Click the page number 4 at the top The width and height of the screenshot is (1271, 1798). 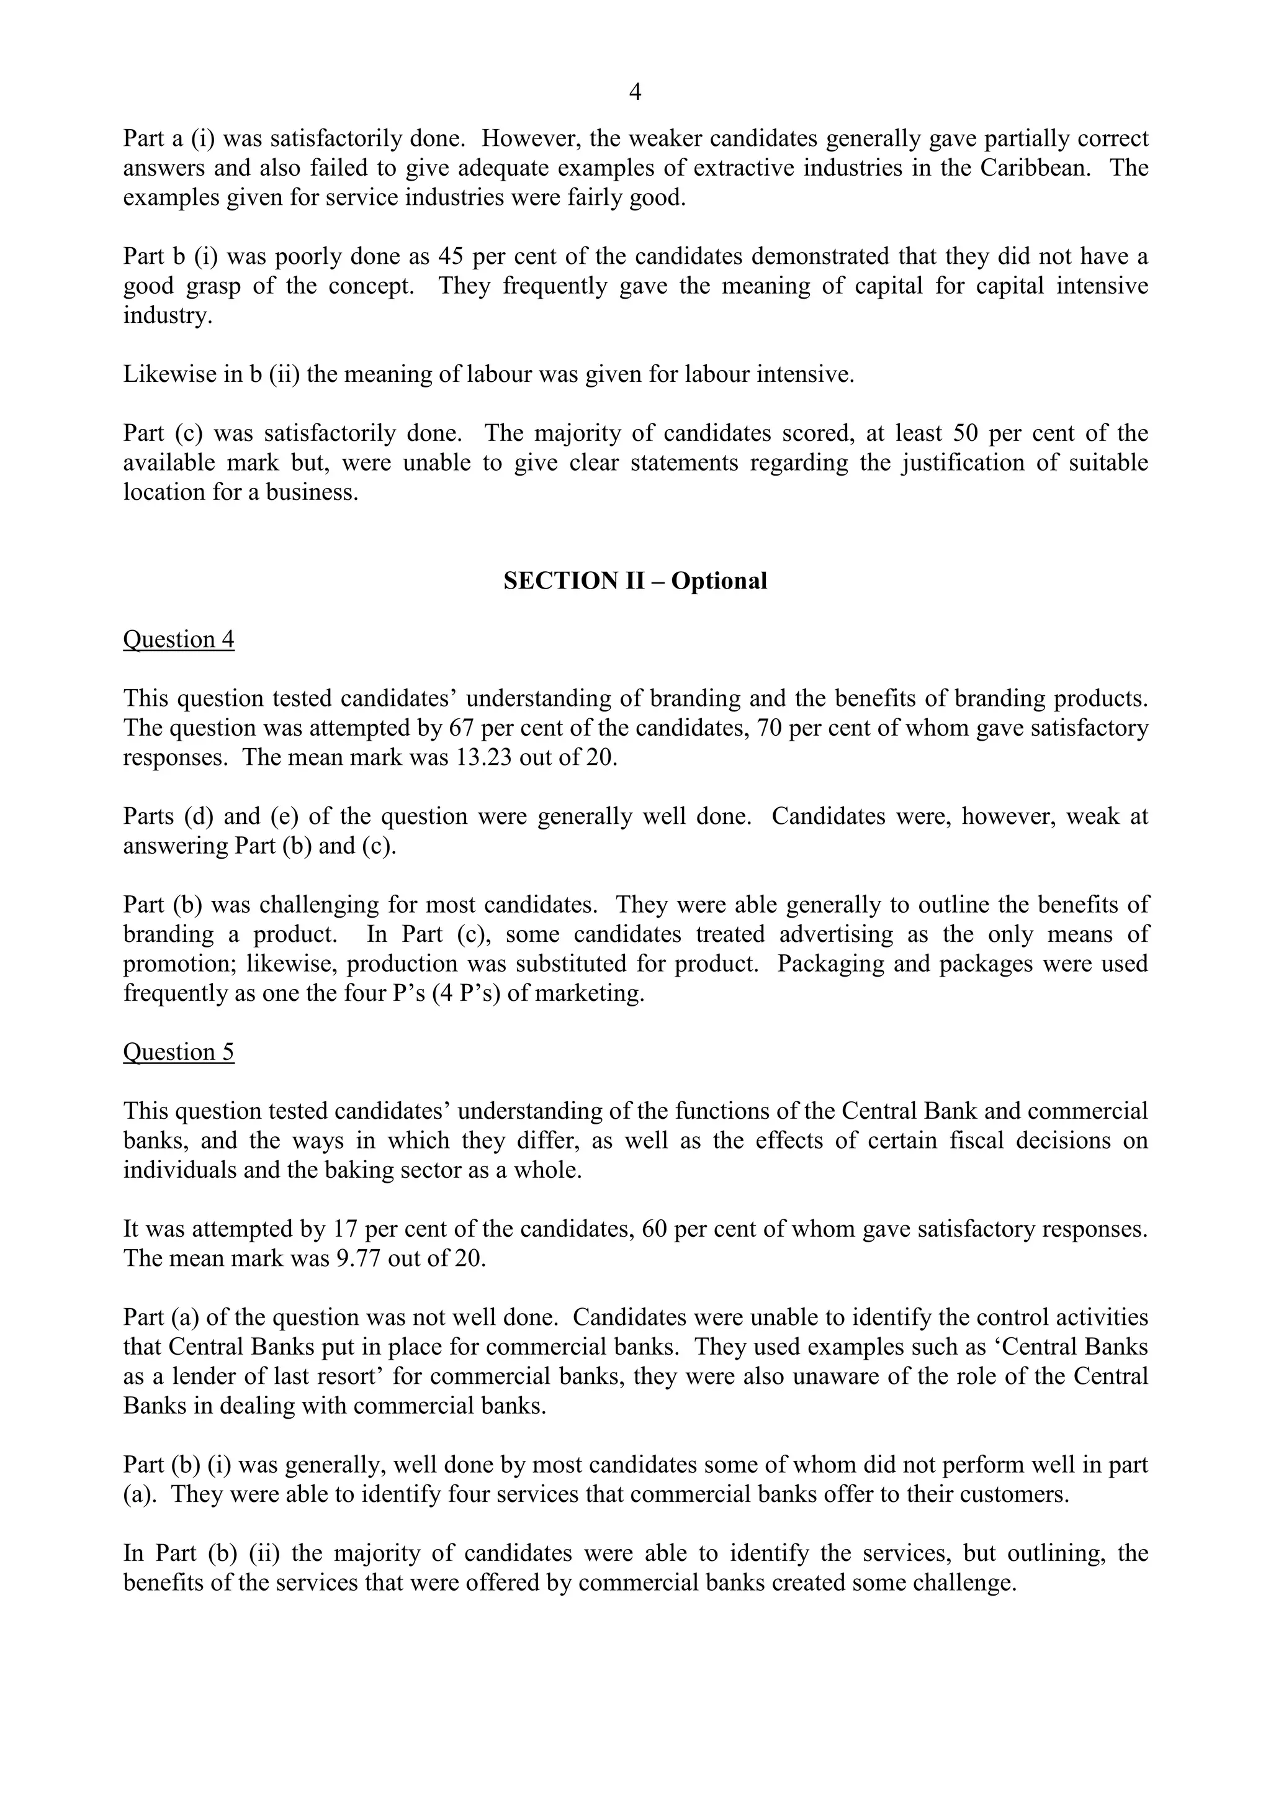(635, 93)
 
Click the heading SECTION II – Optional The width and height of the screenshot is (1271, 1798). (635, 581)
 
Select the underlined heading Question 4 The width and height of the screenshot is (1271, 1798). (179, 640)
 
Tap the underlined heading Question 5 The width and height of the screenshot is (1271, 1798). (179, 1052)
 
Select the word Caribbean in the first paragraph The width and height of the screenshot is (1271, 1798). (1035, 168)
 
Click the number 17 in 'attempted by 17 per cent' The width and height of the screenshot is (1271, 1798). (345, 1229)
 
